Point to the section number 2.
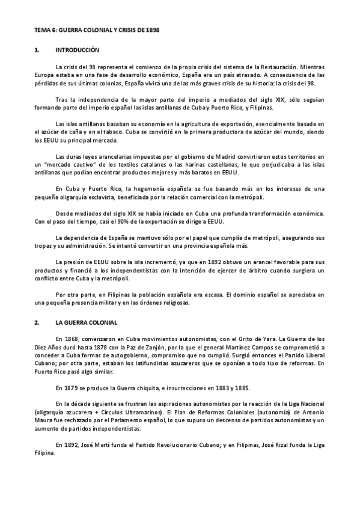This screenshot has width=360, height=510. [x=37, y=322]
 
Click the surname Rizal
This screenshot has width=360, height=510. [x=287, y=446]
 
